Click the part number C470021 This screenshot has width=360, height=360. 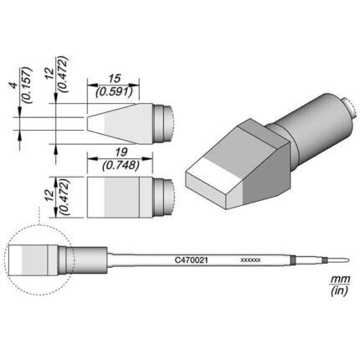click(x=191, y=260)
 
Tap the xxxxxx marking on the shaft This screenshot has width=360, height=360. click(x=250, y=260)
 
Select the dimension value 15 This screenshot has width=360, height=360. click(x=115, y=79)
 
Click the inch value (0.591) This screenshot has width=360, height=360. click(x=113, y=92)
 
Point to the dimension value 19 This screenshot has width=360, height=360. click(x=121, y=152)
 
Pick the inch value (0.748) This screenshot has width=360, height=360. click(x=121, y=166)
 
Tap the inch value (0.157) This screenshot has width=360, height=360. click(x=28, y=85)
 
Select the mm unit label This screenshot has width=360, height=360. click(x=340, y=279)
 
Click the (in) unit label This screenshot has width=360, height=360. click(x=339, y=291)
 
